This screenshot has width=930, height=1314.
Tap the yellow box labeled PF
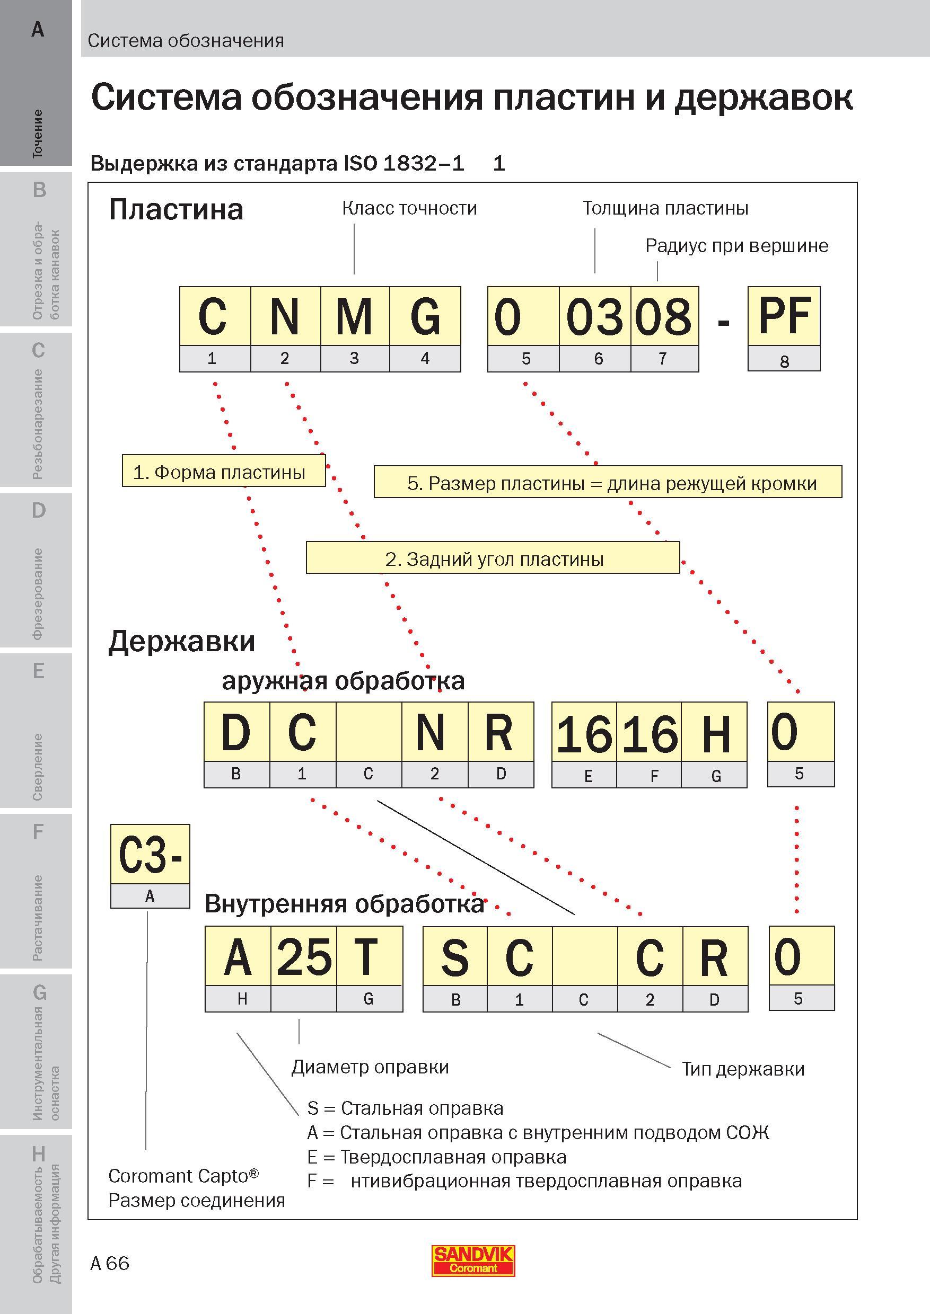[x=784, y=316]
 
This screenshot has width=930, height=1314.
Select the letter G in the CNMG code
[x=425, y=316]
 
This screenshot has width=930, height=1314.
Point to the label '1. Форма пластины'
[x=224, y=471]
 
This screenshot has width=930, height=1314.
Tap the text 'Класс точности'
[x=409, y=208]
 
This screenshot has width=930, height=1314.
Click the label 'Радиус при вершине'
[x=737, y=245]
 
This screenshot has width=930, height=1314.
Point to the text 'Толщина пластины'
[x=665, y=208]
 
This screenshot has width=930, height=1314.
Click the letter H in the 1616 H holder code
[x=716, y=733]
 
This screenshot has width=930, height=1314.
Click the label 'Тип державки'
[x=743, y=1069]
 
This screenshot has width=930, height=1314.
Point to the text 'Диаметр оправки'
[x=370, y=1067]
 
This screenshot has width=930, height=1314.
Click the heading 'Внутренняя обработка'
[x=345, y=904]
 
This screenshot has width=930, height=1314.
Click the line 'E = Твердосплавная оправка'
[x=437, y=1157]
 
